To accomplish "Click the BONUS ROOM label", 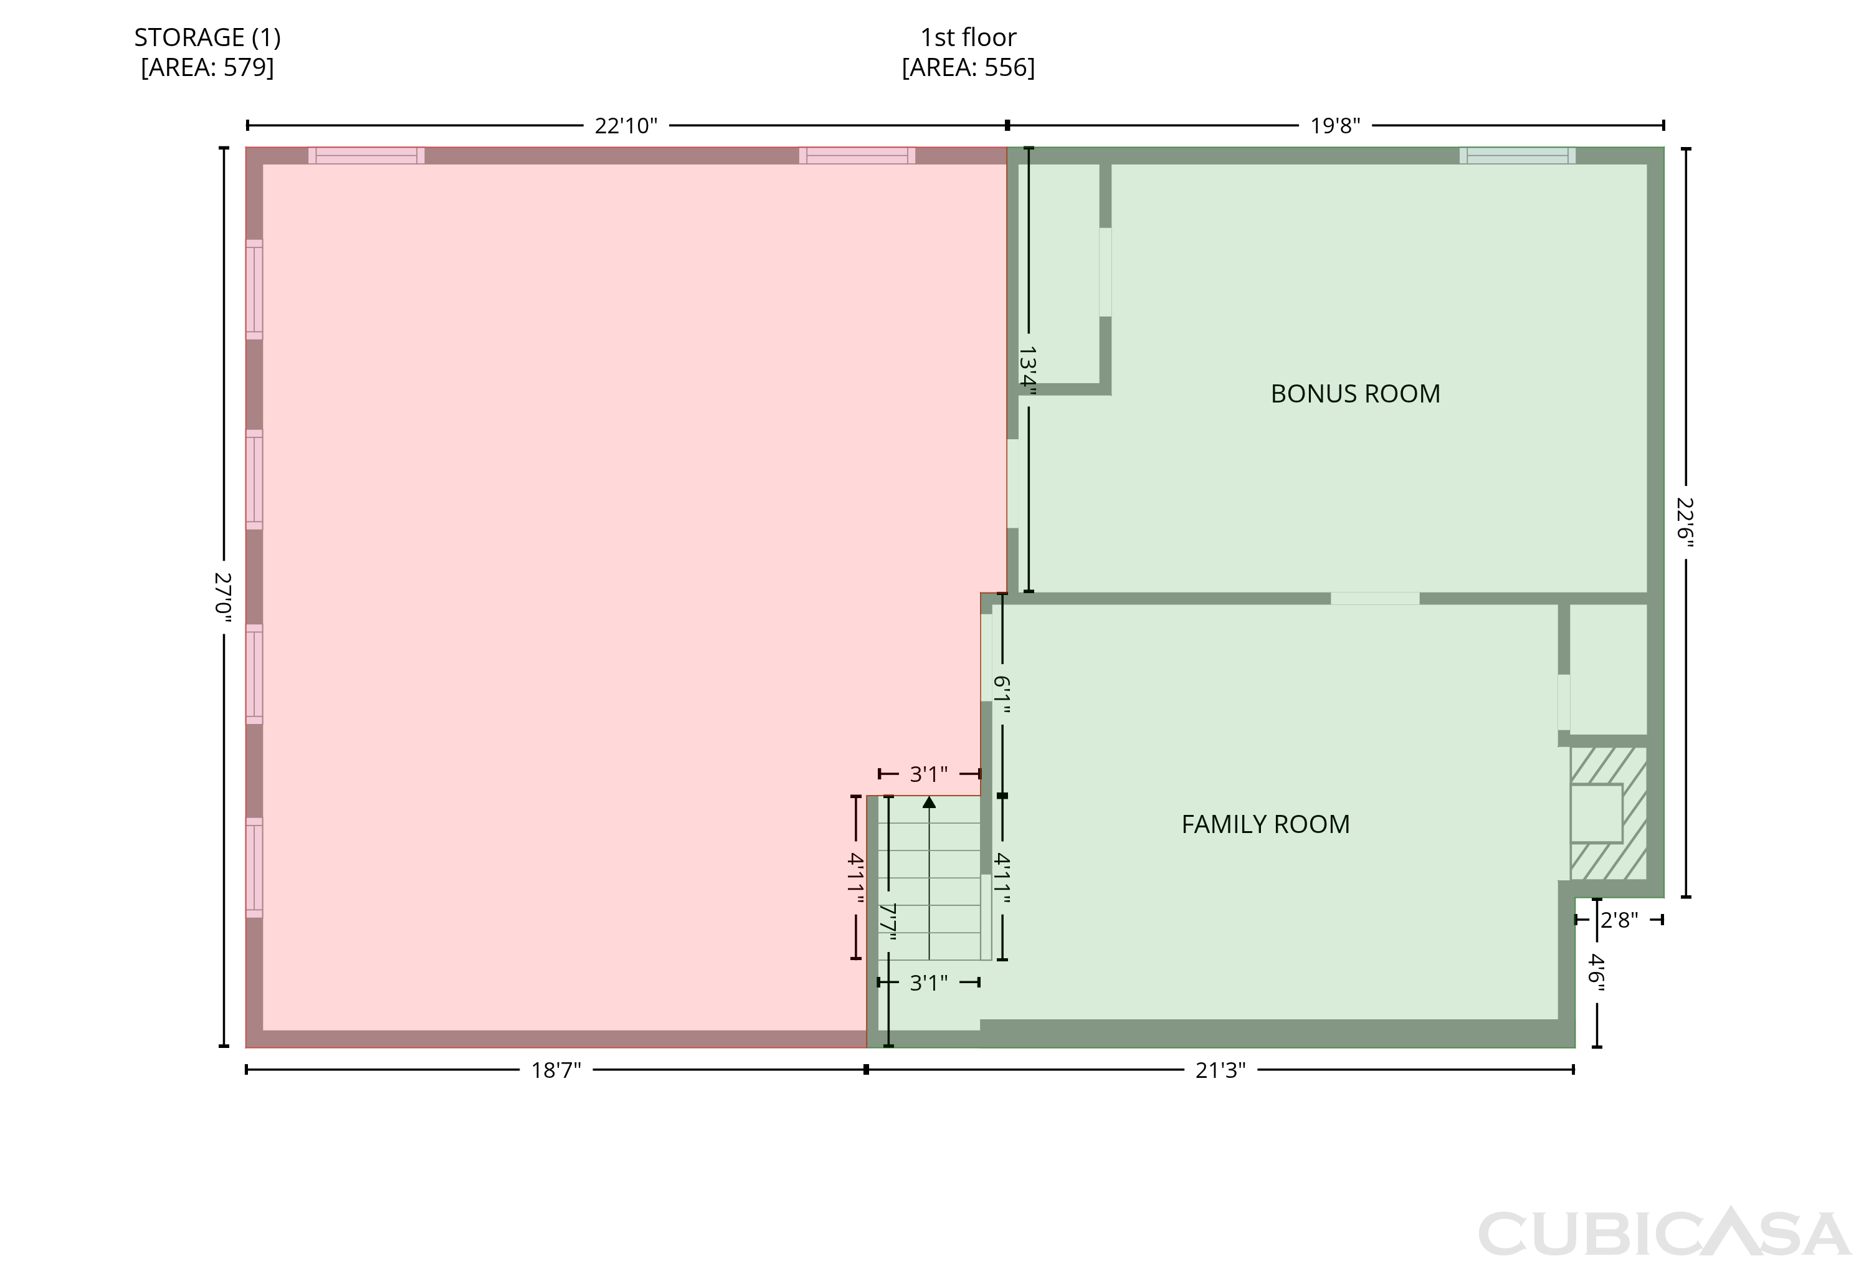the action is point(1355,393).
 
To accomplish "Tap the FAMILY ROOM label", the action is point(1265,824).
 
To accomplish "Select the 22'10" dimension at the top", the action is point(625,125).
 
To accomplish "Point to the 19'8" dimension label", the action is point(1335,125).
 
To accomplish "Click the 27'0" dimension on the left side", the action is point(224,594).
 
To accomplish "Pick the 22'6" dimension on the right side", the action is point(1685,523).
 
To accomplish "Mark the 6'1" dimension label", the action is point(1001,693).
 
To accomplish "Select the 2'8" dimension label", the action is point(1619,920).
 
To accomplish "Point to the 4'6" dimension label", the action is point(1596,972).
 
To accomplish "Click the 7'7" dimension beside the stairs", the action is point(888,921).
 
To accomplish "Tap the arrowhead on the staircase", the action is point(929,802).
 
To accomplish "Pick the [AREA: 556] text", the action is point(968,67).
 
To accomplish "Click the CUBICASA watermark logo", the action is point(1665,1232).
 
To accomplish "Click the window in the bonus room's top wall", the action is point(1517,155).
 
